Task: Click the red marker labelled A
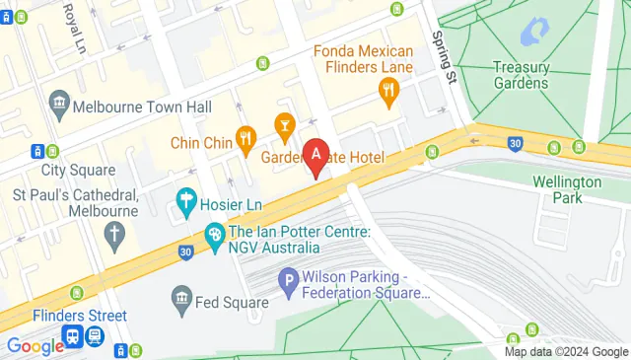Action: tap(315, 156)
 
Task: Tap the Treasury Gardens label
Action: tap(520, 75)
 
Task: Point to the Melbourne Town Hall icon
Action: tap(59, 105)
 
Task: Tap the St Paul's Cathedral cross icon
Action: tap(115, 235)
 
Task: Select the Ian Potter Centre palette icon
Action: tap(213, 235)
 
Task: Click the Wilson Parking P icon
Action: tap(288, 281)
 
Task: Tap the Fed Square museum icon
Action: tap(181, 297)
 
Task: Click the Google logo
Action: tap(34, 345)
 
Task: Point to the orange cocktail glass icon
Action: tap(284, 125)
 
